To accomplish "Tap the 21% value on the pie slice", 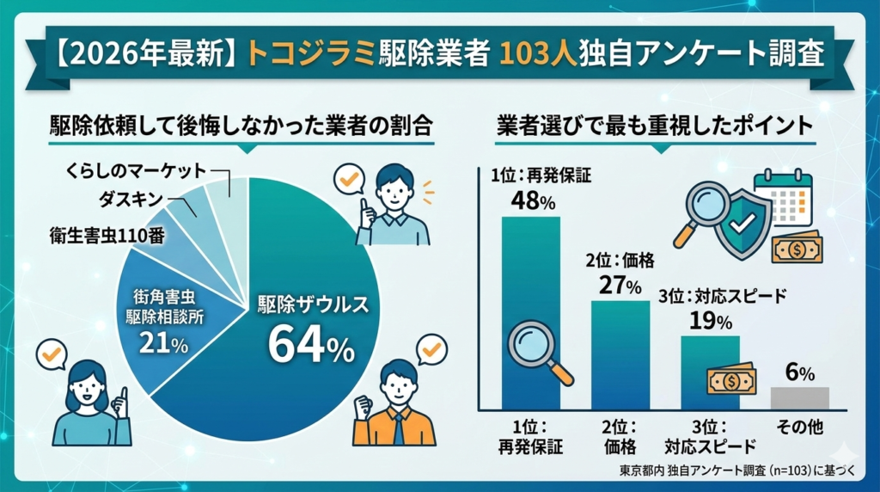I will click(163, 345).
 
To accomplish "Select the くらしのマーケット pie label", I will click(135, 171).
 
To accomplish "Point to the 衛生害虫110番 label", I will click(107, 232).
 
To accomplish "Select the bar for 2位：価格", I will click(620, 354).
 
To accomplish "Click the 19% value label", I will click(710, 321).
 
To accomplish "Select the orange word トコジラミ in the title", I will click(311, 53).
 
